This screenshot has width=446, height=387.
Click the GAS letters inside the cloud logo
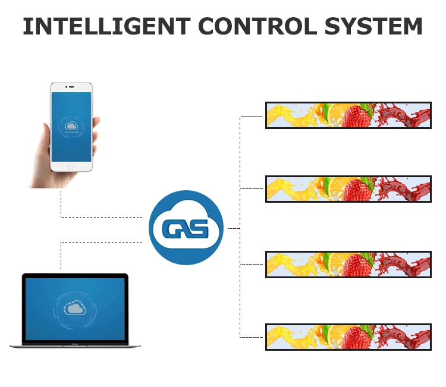186,228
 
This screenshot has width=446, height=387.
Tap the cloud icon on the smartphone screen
71,126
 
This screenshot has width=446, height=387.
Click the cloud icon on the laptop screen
75,308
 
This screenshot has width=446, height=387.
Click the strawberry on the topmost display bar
356,115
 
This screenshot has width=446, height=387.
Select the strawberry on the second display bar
356,190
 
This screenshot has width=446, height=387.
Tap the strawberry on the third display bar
356,265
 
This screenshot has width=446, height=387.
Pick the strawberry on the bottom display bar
356,338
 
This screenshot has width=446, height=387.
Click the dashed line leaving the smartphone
61,205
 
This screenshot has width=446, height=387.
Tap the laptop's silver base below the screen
75,345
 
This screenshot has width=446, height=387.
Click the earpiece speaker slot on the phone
71,87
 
